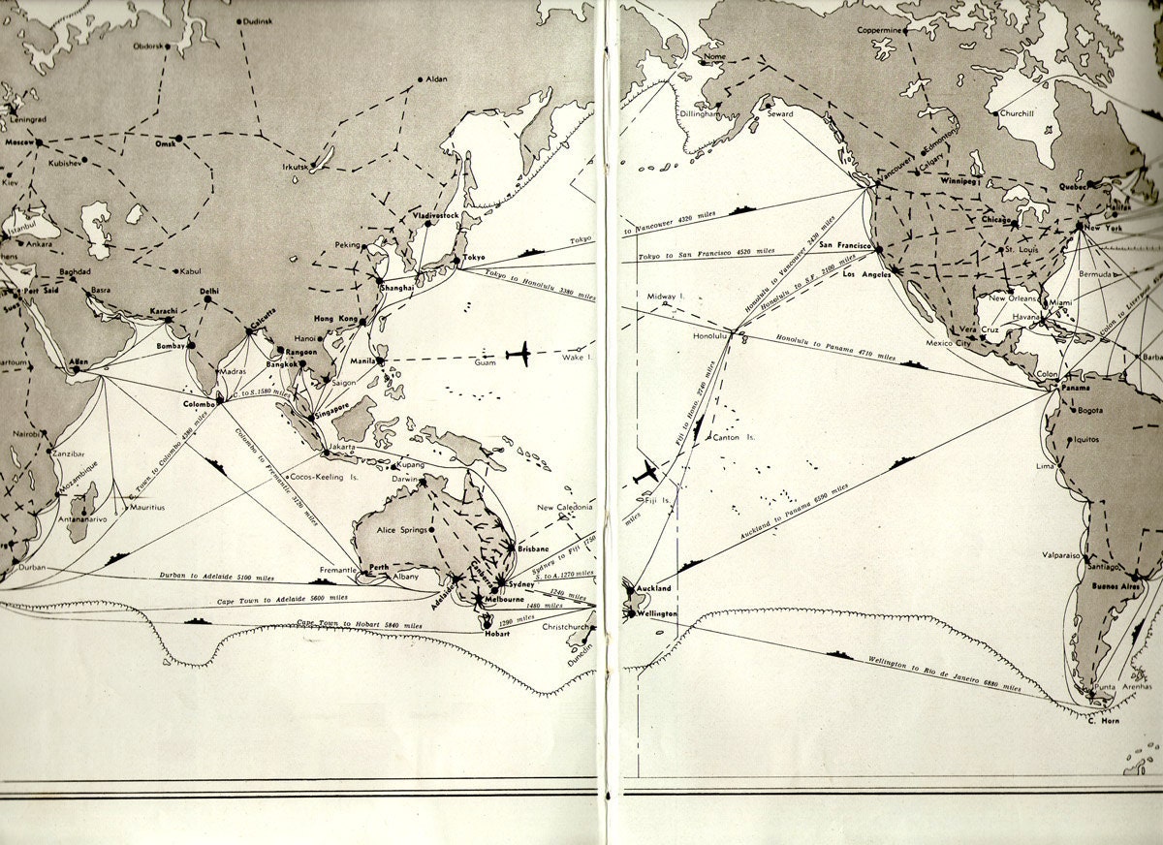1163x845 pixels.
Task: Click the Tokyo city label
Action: [x=474, y=257]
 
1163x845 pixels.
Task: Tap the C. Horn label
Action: [x=1104, y=720]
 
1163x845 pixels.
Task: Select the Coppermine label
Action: [x=879, y=30]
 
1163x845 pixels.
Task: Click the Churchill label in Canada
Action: [x=1017, y=113]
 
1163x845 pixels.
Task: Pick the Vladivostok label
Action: [x=435, y=215]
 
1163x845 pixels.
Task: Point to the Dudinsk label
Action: [x=258, y=20]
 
